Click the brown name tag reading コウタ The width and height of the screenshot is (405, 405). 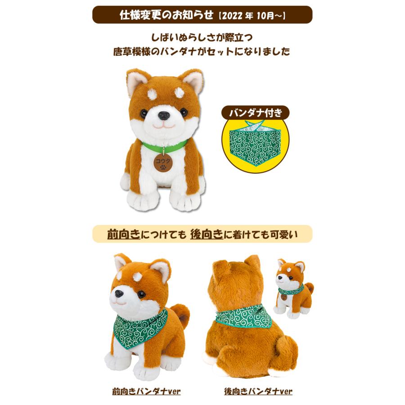pos(163,162)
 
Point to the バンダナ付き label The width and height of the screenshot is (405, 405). pos(255,113)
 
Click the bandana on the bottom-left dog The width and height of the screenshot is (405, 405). pos(140,328)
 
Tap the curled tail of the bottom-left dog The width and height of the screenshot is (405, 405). pos(181,315)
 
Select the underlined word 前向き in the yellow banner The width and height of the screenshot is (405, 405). pos(123,234)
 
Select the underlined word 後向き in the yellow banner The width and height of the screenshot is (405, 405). pos(207,234)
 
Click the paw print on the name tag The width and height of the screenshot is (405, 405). pos(163,166)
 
